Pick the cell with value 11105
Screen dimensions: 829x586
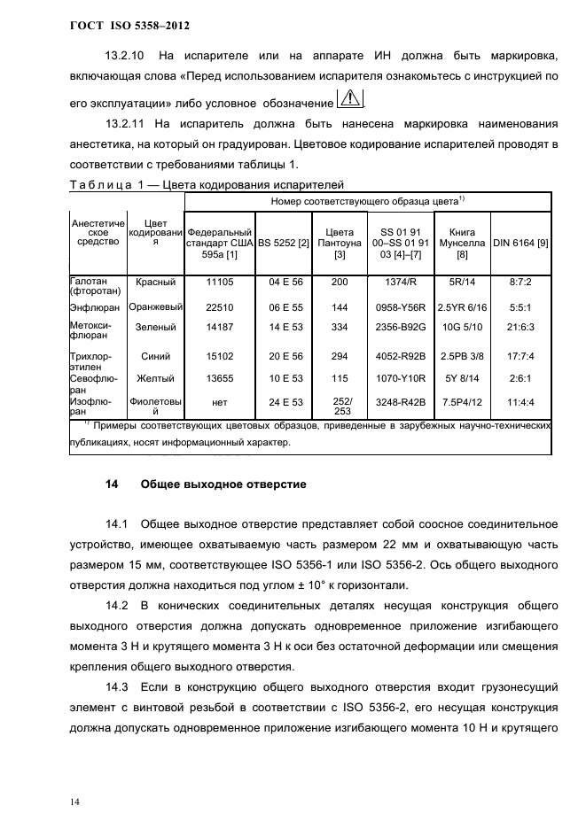click(218, 283)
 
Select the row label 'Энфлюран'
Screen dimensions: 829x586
click(94, 307)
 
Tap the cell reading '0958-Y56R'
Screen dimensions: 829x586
click(401, 307)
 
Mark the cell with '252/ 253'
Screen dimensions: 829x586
click(340, 406)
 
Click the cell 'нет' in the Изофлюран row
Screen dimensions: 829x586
click(218, 401)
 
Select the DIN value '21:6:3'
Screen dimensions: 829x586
click(520, 327)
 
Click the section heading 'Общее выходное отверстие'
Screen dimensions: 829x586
click(223, 485)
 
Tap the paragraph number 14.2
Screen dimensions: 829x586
click(118, 605)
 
